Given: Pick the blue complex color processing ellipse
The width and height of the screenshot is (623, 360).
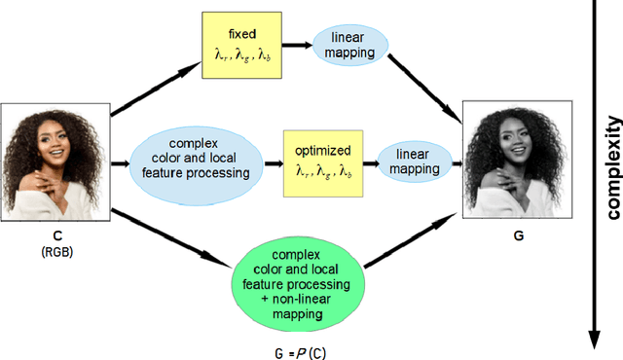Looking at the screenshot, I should tap(202, 159).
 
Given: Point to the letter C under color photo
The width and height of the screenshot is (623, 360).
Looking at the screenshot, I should tap(56, 234).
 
